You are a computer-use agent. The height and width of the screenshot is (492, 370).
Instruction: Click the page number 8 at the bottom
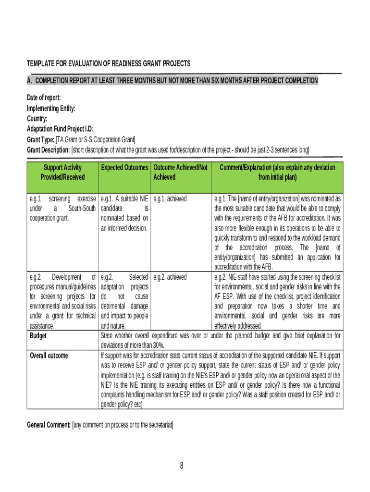click(x=182, y=465)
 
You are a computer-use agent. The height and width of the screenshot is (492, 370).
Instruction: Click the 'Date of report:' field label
click(x=44, y=98)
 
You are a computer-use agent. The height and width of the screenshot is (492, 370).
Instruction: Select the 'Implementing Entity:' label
click(x=51, y=108)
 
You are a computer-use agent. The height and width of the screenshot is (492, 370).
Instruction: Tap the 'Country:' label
click(x=37, y=119)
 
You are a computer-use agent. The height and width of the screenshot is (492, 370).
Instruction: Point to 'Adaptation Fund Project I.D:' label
click(x=60, y=129)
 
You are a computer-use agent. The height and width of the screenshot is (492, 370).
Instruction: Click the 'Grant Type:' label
click(x=41, y=140)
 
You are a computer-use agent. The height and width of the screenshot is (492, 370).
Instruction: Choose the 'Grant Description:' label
click(x=49, y=150)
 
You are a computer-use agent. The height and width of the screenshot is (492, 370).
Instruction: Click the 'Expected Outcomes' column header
click(x=124, y=168)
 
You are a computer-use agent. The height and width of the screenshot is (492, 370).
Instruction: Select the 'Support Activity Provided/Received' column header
click(x=62, y=172)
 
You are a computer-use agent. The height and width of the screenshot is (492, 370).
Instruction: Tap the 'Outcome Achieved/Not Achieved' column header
click(x=181, y=172)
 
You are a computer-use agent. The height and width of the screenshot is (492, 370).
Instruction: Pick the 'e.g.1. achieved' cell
click(x=170, y=198)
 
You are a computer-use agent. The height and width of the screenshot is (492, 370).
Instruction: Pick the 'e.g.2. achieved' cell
click(x=170, y=277)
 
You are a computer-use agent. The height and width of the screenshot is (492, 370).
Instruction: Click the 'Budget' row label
click(x=38, y=336)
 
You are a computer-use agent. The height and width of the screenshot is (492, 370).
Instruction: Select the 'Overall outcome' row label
click(x=49, y=356)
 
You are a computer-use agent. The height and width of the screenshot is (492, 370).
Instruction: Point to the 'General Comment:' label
click(x=49, y=425)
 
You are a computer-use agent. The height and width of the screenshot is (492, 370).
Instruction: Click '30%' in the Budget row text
click(x=158, y=345)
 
